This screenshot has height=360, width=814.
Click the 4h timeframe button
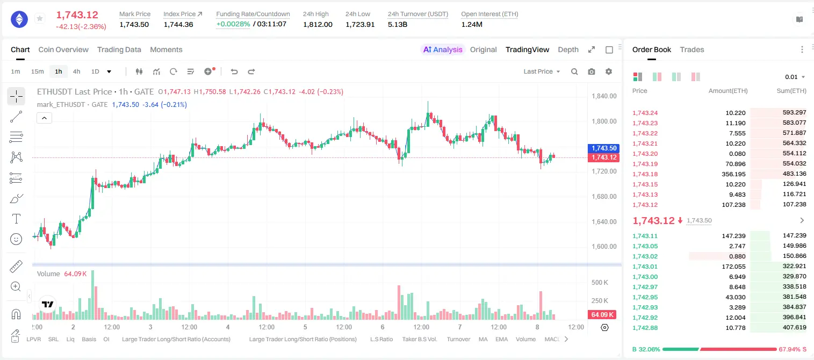(76, 71)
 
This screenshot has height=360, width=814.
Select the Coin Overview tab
(63, 49)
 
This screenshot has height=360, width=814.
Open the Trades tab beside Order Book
(691, 49)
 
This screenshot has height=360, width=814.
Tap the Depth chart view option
(568, 49)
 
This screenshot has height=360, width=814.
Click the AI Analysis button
(443, 49)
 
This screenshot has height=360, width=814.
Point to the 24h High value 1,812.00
(318, 24)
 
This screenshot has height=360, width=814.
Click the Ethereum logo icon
(19, 19)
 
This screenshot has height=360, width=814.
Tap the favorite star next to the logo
(40, 18)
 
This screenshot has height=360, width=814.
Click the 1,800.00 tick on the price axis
(604, 121)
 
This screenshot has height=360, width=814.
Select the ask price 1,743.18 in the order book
(645, 174)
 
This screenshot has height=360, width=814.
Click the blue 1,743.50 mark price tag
(603, 148)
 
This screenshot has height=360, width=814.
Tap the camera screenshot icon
(591, 71)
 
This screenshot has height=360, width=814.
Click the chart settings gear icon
(609, 71)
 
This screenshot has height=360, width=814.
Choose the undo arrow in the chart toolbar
(234, 71)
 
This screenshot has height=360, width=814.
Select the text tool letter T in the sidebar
(16, 219)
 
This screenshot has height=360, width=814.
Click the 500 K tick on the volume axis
(600, 282)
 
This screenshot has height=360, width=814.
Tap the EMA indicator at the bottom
(501, 339)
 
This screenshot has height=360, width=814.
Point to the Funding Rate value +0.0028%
(233, 24)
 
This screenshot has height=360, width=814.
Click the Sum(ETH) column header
(791, 91)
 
